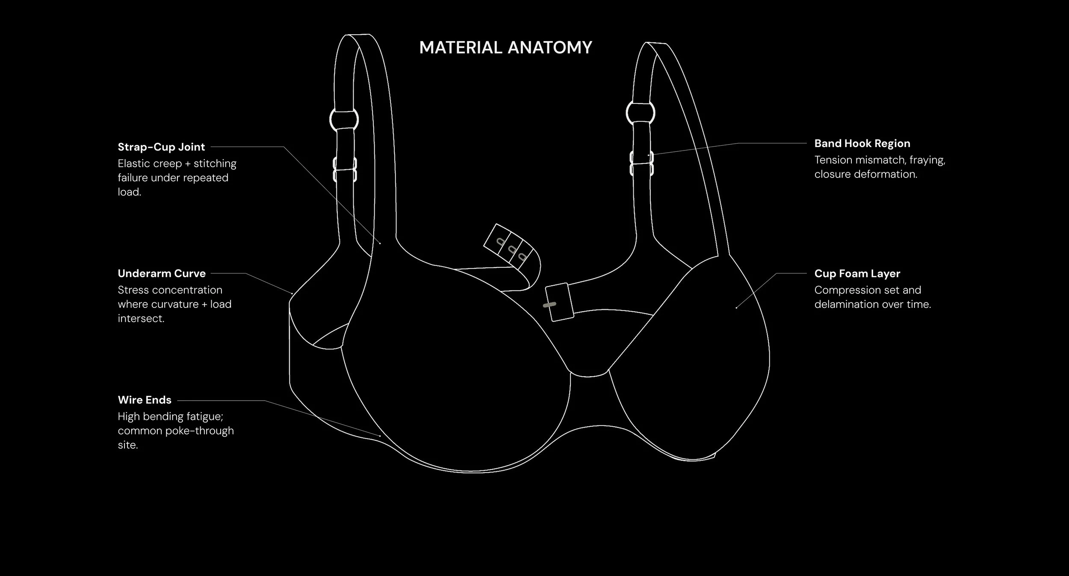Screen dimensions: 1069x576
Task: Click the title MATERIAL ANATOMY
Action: pos(505,47)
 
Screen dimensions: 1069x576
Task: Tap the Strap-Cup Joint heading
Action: pos(161,147)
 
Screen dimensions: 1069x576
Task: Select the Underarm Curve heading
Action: pos(162,274)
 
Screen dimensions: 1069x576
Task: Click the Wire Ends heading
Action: pos(145,400)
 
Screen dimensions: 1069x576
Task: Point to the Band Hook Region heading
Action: pos(862,144)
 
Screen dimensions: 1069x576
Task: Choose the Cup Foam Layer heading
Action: pos(857,274)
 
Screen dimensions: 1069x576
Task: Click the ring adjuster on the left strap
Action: pos(344,120)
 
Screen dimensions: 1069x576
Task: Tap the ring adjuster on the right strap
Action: pos(640,113)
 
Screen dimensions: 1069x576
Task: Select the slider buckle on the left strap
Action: pos(345,169)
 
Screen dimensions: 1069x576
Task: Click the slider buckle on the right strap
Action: pos(641,163)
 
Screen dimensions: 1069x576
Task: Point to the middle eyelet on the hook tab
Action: pos(511,249)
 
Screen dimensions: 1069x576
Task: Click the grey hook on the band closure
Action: pos(549,305)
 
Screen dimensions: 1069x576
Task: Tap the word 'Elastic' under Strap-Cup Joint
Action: pos(133,164)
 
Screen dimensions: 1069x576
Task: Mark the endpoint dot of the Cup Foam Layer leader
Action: pos(736,307)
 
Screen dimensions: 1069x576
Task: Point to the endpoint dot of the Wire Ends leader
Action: pos(380,436)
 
